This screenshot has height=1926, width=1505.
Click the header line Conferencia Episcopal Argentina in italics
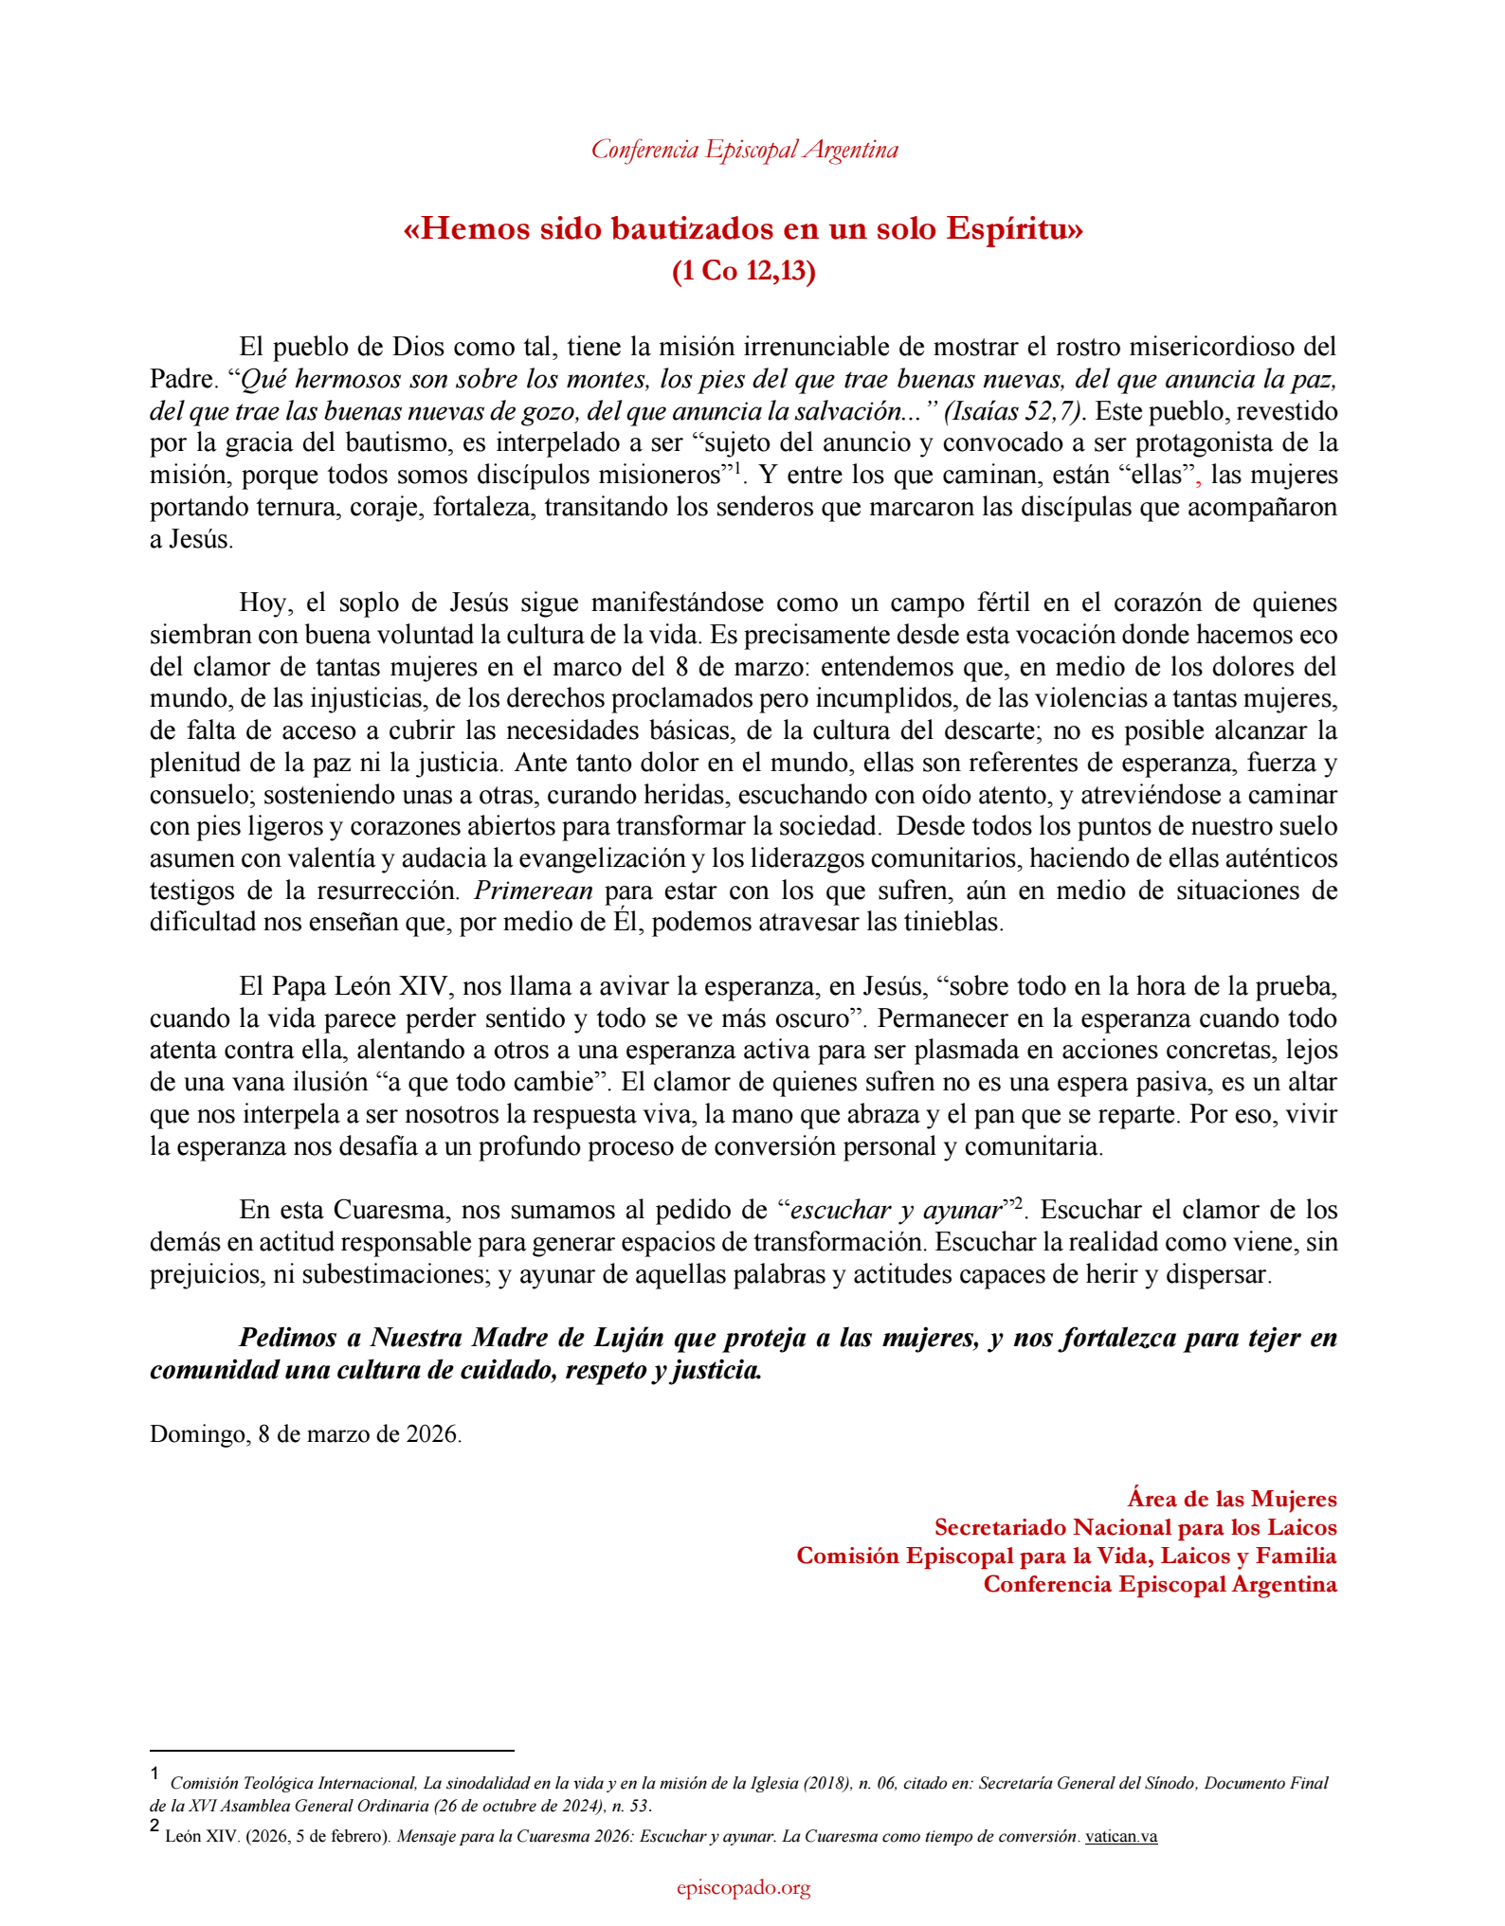coord(744,150)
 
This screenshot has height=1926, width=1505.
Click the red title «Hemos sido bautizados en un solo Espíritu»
coord(743,229)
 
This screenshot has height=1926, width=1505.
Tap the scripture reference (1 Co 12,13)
coord(743,271)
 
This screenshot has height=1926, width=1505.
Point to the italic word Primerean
coord(534,891)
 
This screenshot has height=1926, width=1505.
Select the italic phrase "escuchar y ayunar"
coord(896,1210)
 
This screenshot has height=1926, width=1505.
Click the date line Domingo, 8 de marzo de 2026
coord(305,1433)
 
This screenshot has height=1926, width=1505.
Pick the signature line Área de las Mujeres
coord(1231,1499)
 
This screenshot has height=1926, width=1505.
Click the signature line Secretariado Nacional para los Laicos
coord(1134,1527)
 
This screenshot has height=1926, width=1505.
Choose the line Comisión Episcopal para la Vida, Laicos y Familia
coord(1066,1556)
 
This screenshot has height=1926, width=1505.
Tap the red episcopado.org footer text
coord(744,1888)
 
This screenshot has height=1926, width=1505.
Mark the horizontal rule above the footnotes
coord(332,1751)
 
